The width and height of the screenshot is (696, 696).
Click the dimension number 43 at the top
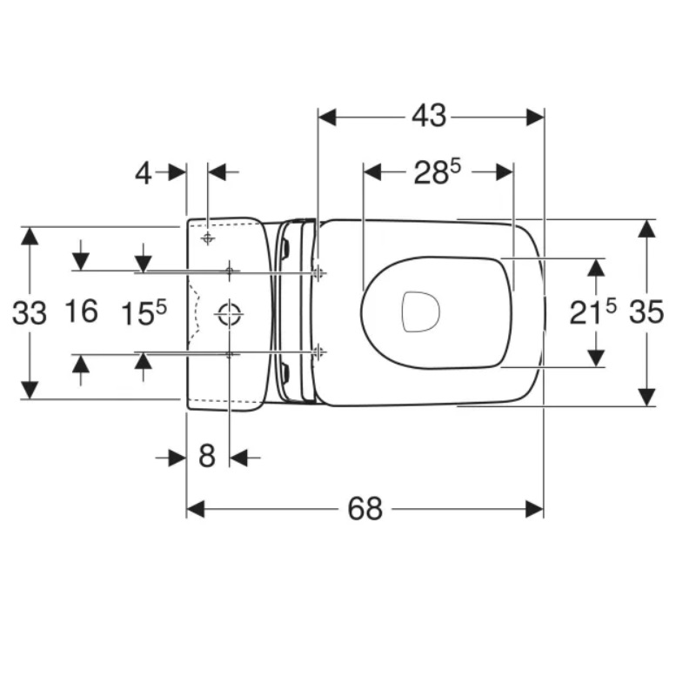(429, 117)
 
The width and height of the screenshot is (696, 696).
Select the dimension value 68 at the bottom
(365, 509)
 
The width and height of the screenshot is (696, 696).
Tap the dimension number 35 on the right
(646, 312)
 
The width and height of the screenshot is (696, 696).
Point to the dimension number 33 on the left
(30, 313)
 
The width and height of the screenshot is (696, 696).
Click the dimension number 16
(82, 311)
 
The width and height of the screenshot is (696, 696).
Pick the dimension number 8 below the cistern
(207, 456)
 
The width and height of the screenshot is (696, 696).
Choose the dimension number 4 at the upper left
(143, 173)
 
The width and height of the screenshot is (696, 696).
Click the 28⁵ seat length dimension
(438, 171)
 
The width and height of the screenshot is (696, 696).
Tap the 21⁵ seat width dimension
(593, 311)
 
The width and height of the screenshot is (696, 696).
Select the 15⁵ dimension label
(144, 313)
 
